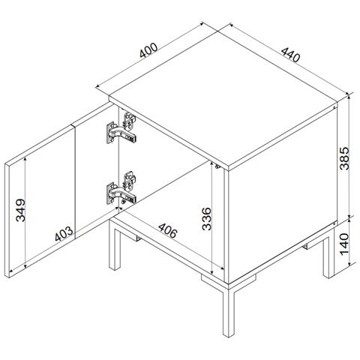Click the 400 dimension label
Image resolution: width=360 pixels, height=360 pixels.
pos(148,50)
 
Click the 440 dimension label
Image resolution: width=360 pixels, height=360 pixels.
pos(290,55)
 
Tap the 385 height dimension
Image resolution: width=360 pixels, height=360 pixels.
pos(344,158)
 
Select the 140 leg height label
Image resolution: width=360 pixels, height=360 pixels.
pos(344,244)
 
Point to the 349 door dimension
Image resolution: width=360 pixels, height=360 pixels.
pos(20,210)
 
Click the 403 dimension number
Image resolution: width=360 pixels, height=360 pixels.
pos(64,233)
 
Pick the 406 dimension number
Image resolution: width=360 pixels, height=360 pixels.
pos(168,230)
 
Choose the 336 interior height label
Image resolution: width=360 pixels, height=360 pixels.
pos(207,218)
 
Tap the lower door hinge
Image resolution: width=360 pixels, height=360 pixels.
pos(121,188)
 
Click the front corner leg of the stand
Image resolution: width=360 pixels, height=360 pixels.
pos(228,312)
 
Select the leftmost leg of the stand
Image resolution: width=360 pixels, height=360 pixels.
pos(115,246)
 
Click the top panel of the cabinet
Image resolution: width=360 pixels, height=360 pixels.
pos(223,100)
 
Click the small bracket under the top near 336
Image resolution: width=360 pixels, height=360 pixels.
pos(217,166)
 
